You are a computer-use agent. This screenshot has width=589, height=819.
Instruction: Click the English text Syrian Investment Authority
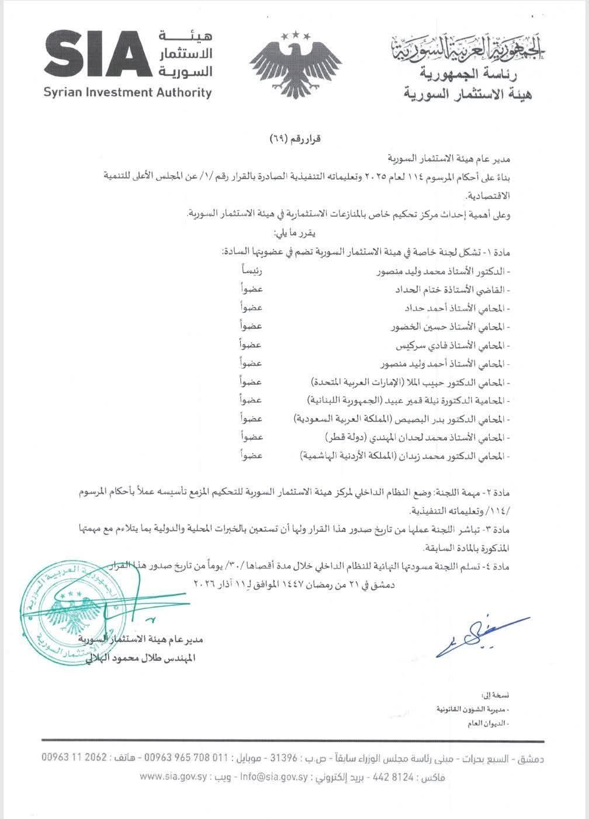point(127,92)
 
